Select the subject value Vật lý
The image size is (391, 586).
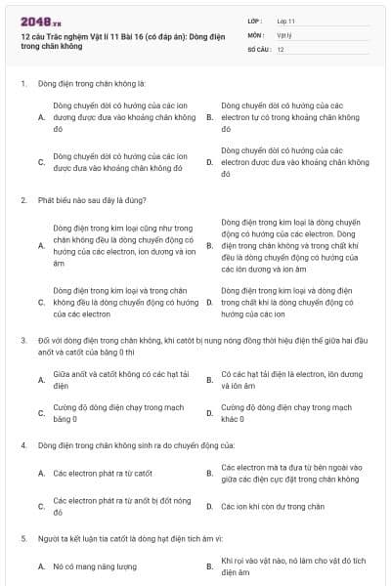click(283, 34)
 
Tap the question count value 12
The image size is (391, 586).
click(281, 49)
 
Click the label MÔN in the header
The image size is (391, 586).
click(254, 34)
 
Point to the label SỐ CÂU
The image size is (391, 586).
click(257, 49)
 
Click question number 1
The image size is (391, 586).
click(22, 84)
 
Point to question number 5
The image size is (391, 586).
click(22, 537)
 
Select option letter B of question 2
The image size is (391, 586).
click(209, 245)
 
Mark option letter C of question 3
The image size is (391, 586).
click(41, 413)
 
